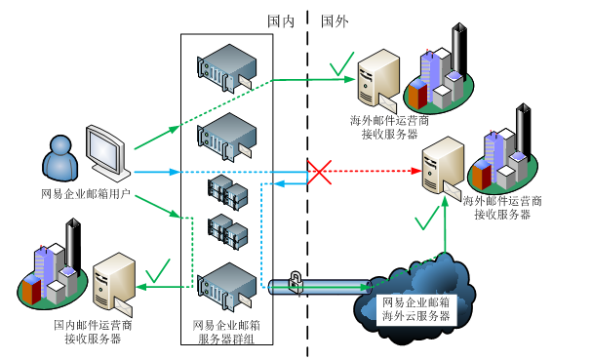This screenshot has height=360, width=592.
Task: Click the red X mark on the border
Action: (320, 173)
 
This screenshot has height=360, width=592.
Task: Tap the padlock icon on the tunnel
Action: (296, 282)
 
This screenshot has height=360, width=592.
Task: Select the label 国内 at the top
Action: (281, 21)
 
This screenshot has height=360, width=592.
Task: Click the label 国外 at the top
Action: (335, 21)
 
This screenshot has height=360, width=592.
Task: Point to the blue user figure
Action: (60, 159)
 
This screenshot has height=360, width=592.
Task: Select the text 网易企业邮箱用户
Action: (86, 194)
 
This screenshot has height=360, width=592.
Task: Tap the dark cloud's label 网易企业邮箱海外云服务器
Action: (416, 309)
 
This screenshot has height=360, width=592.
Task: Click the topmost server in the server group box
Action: (226, 68)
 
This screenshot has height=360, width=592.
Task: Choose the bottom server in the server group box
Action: (226, 287)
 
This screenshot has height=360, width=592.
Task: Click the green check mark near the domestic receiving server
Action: (159, 271)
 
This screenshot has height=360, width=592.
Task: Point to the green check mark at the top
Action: (342, 63)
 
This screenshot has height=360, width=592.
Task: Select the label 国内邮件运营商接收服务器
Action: (93, 332)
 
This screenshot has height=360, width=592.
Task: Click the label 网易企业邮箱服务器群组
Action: (226, 332)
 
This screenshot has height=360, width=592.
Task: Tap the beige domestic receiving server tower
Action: (114, 284)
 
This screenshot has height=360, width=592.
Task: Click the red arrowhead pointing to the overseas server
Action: (416, 171)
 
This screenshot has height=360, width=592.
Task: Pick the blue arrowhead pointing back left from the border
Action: (279, 184)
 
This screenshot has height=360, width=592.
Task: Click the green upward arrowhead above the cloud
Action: (446, 201)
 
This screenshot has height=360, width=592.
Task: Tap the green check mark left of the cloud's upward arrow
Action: (427, 218)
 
